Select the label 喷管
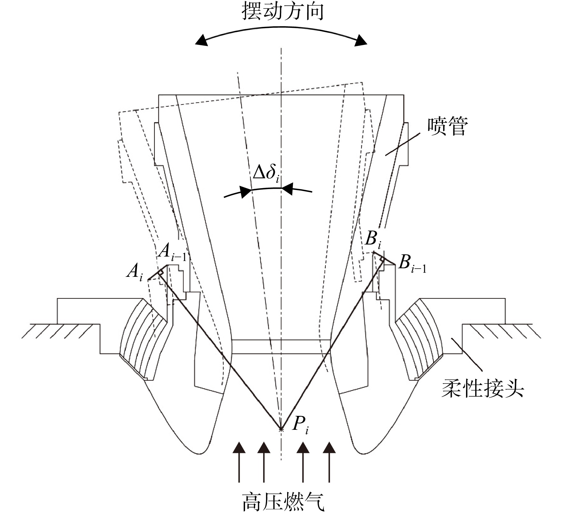[x=447, y=126]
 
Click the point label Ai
[x=135, y=273]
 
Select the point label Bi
[x=373, y=239]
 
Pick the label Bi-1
[x=412, y=264]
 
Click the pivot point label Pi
[x=300, y=425]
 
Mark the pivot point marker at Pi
[x=281, y=429]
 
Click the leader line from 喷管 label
[x=402, y=144]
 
